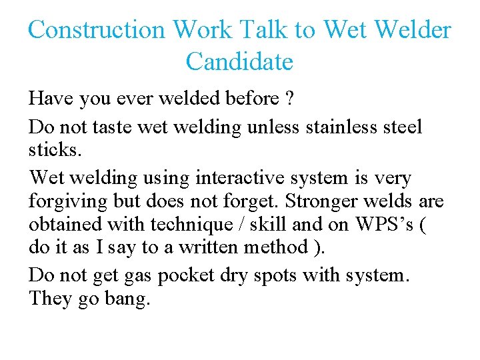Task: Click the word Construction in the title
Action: click(x=97, y=30)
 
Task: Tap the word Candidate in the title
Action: click(x=239, y=62)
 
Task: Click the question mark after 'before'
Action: click(x=289, y=99)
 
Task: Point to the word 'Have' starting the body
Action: click(x=51, y=99)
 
